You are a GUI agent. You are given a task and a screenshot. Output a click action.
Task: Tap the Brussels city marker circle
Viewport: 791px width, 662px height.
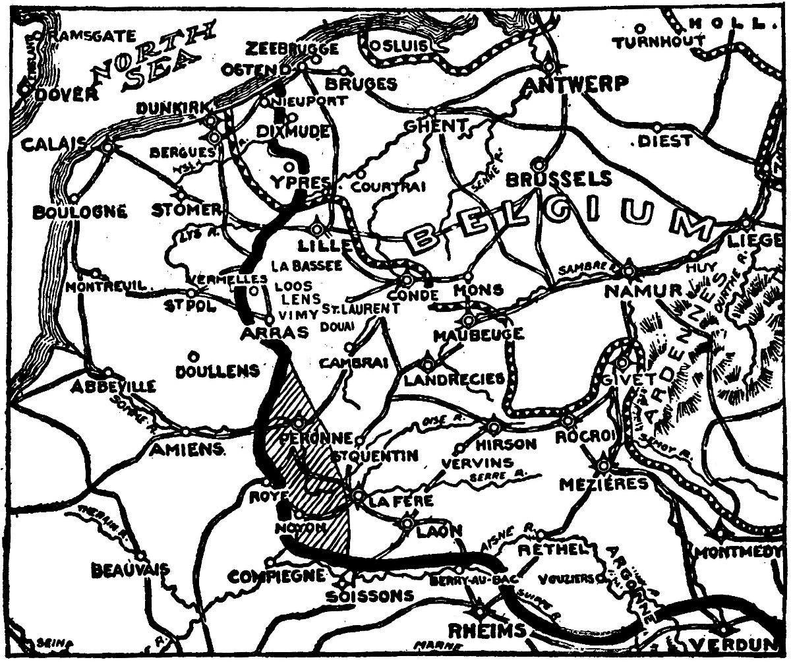[540, 162]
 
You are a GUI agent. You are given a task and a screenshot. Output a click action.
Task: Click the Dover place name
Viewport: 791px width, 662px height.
[63, 94]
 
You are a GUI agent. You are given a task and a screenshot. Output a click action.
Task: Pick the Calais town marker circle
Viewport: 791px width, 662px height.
[107, 148]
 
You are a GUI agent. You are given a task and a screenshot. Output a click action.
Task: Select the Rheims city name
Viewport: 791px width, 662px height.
[487, 631]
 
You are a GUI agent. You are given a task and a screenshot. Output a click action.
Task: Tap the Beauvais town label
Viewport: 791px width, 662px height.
[130, 568]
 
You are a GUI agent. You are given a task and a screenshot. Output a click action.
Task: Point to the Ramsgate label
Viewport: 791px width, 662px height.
[92, 36]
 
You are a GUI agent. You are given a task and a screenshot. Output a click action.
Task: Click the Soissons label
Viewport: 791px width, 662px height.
[370, 596]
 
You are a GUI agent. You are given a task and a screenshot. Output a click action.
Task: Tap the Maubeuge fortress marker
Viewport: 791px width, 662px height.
[468, 320]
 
